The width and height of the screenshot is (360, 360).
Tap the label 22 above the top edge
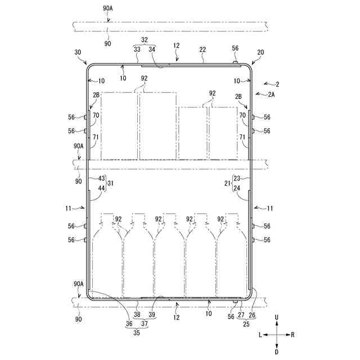[x=203, y=49]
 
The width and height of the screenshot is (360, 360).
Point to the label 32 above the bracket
[x=144, y=40]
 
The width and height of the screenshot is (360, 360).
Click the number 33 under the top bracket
[x=137, y=50]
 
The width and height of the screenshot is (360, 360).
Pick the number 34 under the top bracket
[x=151, y=50]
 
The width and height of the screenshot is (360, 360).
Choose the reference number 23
[x=237, y=179]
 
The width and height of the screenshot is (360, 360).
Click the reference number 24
[x=237, y=188]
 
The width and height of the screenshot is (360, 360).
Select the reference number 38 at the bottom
[x=137, y=314]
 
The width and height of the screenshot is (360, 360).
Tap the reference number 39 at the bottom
[x=152, y=314]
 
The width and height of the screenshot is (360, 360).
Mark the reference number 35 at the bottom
[x=137, y=332]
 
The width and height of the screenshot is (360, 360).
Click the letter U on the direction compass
[x=276, y=317]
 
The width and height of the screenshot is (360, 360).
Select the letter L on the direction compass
[x=260, y=334]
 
